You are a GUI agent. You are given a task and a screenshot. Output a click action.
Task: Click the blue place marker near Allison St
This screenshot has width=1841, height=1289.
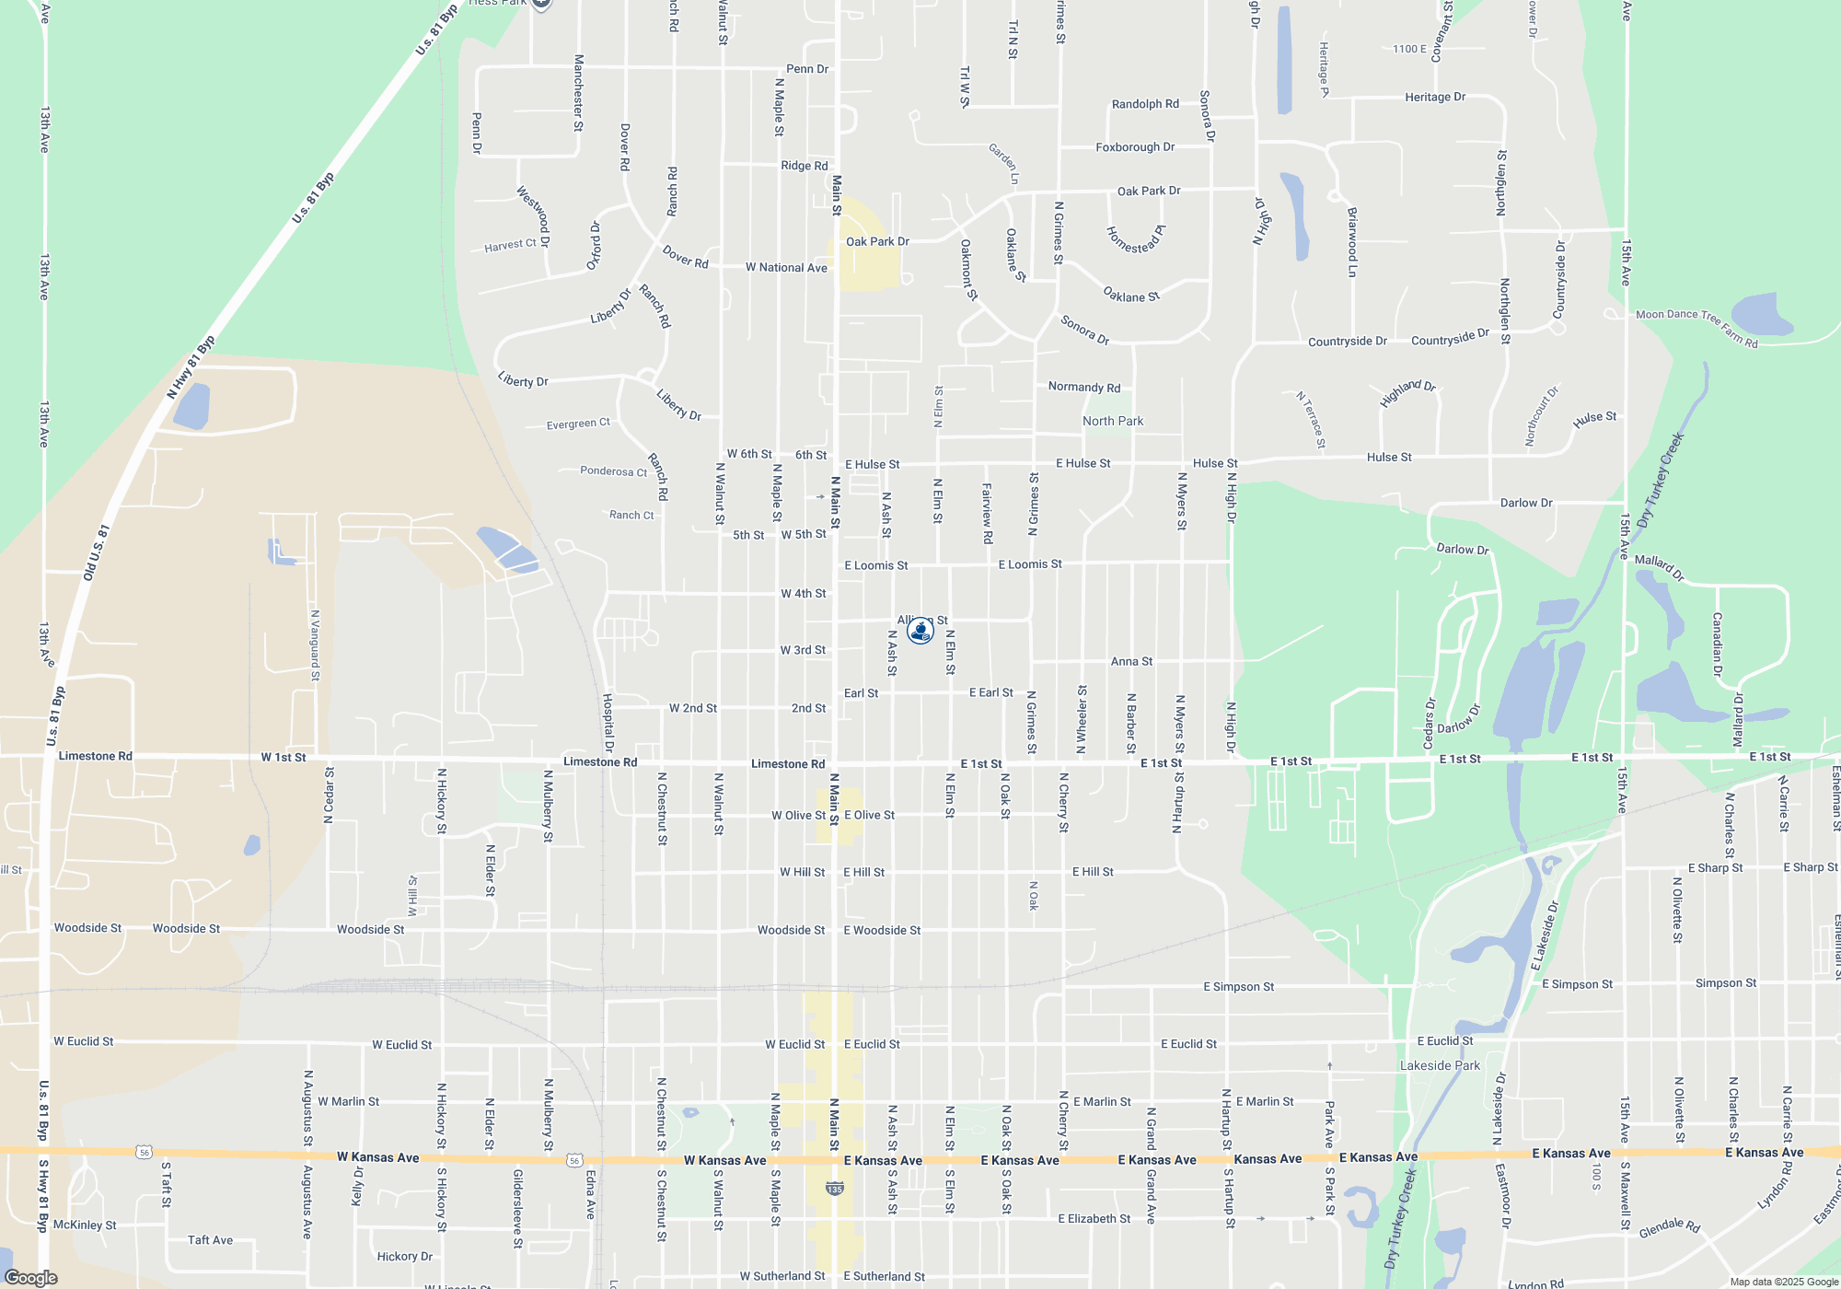coord(920,631)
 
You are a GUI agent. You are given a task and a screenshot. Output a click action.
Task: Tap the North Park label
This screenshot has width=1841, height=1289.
coord(1113,421)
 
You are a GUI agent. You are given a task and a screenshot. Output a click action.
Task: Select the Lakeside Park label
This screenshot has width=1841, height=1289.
coord(1440,1065)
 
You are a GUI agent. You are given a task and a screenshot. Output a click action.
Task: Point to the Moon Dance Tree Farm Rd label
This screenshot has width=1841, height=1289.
coord(1696,328)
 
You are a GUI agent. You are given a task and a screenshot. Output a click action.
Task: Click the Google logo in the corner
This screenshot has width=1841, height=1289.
coord(30,1278)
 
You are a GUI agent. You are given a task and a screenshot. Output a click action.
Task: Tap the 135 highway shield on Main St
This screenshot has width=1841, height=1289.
coord(835,1189)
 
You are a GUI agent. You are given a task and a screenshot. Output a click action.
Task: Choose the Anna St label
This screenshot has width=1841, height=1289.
coord(1131,661)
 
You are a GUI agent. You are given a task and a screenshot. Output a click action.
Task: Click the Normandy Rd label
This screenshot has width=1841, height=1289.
coord(1084,388)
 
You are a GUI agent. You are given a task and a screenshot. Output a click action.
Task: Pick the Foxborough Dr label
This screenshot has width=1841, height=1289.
coord(1135,147)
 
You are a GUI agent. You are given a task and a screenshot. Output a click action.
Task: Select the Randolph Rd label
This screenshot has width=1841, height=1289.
coord(1145,104)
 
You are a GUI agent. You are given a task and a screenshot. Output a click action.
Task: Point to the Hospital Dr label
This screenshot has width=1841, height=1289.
coord(608,723)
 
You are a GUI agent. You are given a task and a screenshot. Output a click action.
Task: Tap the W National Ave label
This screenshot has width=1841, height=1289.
coord(786,268)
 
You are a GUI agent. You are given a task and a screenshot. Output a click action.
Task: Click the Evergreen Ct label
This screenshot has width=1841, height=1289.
coord(578,424)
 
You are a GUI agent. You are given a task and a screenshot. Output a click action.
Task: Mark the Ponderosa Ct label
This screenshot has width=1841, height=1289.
coord(613,471)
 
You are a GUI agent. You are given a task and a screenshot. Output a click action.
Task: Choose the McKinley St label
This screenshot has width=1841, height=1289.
coord(85,1225)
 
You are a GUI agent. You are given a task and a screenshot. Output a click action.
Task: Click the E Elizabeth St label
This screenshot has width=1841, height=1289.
coord(1094,1218)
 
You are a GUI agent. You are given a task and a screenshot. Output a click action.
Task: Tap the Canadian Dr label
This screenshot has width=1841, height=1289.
coord(1717,644)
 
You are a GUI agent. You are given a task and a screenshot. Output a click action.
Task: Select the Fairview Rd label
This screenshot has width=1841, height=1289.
coord(987,513)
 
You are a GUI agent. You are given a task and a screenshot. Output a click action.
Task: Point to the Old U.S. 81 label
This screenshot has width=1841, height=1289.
coord(97,552)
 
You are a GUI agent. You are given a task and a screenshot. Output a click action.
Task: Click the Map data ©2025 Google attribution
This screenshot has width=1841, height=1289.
coord(1784,1282)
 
